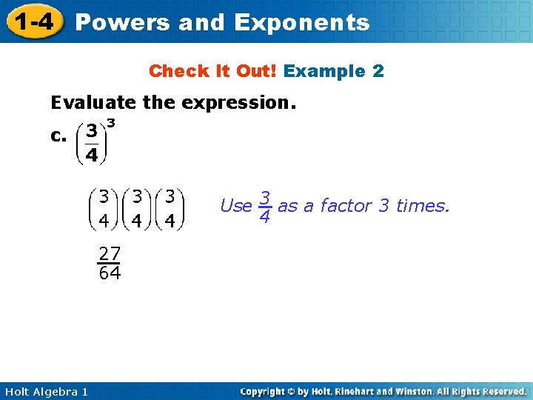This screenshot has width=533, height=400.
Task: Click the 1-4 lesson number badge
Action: [x=33, y=21]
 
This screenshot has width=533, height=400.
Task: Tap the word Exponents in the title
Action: [x=301, y=22]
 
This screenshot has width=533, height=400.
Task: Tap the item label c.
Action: [x=58, y=136]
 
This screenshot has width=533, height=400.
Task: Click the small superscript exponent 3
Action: [x=111, y=121]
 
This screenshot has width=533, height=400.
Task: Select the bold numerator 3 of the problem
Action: [x=91, y=131]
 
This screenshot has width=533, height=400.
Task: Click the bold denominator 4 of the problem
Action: [x=91, y=155]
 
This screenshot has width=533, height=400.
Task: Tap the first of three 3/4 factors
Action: [x=104, y=209]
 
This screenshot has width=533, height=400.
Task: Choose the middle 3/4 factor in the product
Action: [x=137, y=209]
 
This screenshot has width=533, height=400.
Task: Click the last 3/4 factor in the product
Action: [x=170, y=209]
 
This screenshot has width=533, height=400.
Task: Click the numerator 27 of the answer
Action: [x=110, y=254]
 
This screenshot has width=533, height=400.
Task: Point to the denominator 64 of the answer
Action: [x=110, y=273]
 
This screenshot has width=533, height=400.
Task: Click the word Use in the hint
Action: [x=236, y=206]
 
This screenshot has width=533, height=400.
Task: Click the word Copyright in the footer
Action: [x=267, y=391]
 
